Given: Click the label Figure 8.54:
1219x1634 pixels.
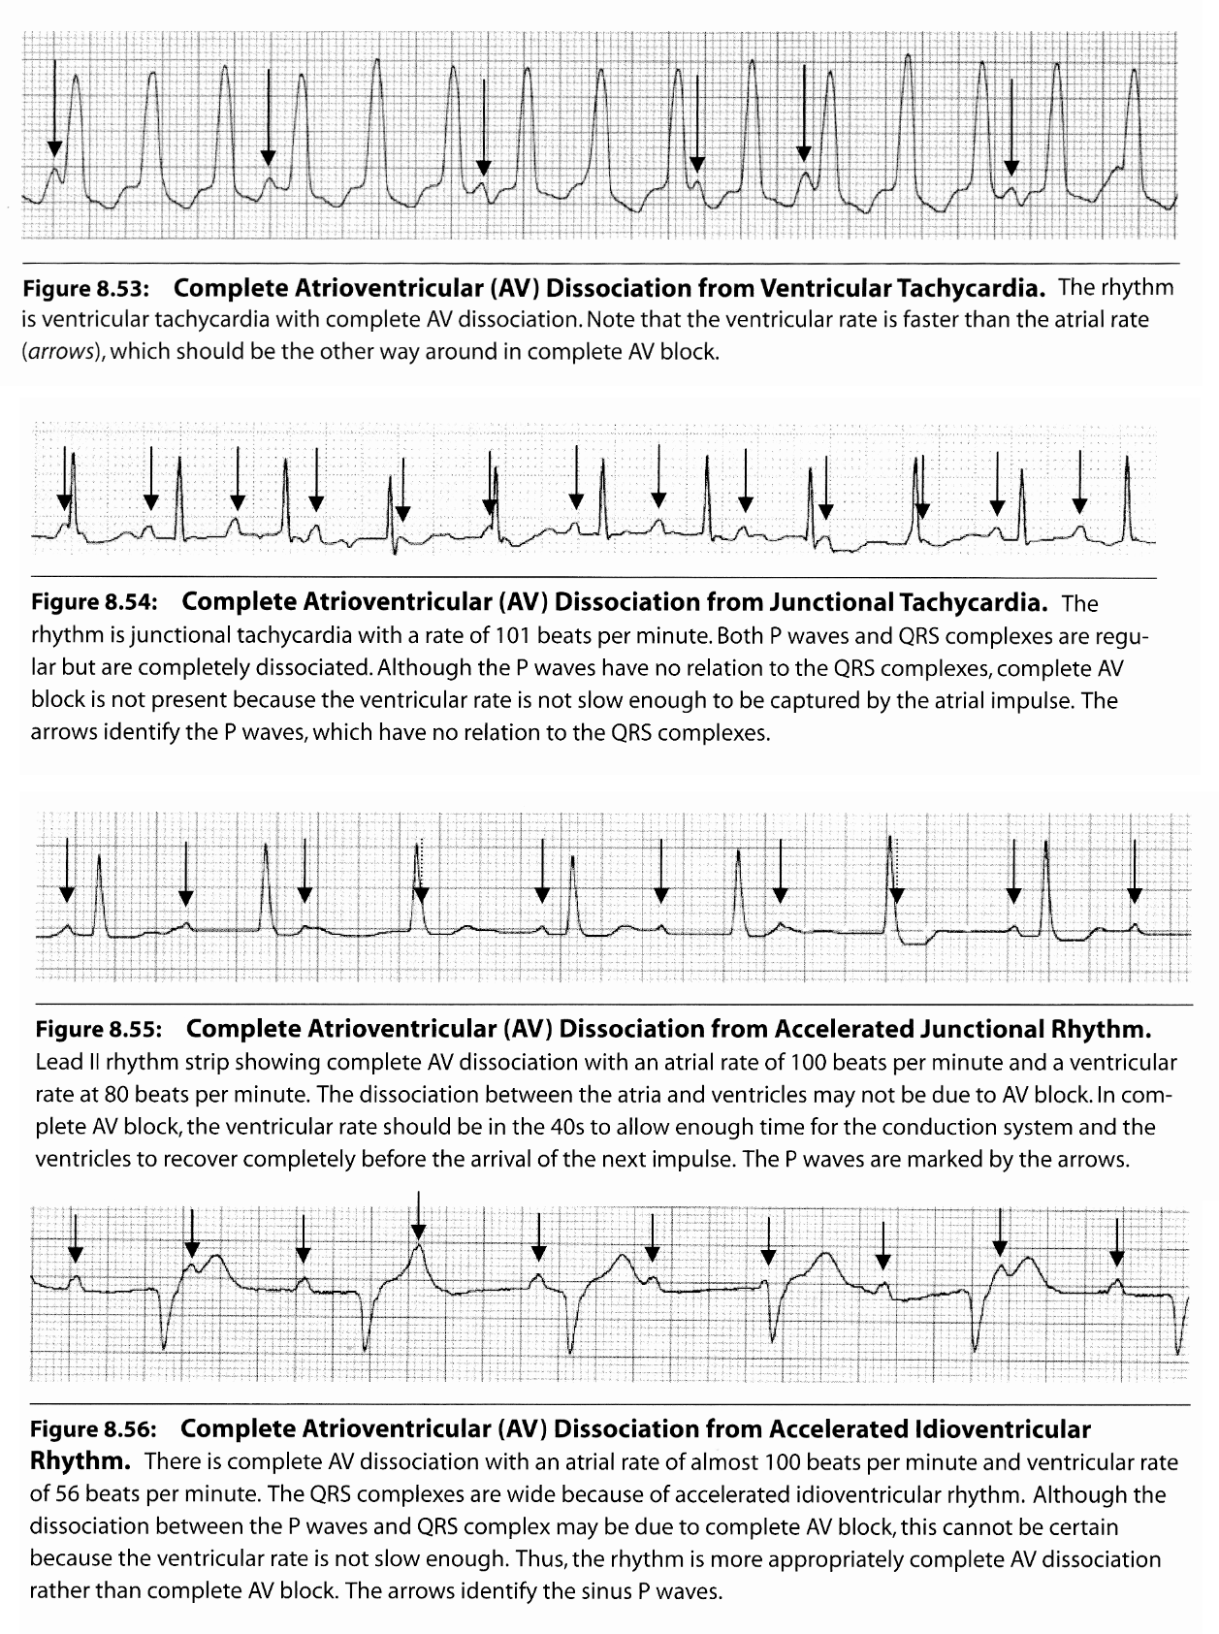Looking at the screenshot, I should (x=95, y=602).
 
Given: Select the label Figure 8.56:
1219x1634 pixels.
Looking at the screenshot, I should (x=94, y=1429).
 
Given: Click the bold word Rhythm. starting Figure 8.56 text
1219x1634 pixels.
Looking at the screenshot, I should (x=81, y=1461).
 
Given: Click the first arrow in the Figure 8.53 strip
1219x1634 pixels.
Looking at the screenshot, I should (x=55, y=107).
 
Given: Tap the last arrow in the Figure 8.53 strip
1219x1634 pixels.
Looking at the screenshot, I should (x=1011, y=126).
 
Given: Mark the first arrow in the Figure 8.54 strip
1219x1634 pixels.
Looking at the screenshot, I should (x=64, y=478).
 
